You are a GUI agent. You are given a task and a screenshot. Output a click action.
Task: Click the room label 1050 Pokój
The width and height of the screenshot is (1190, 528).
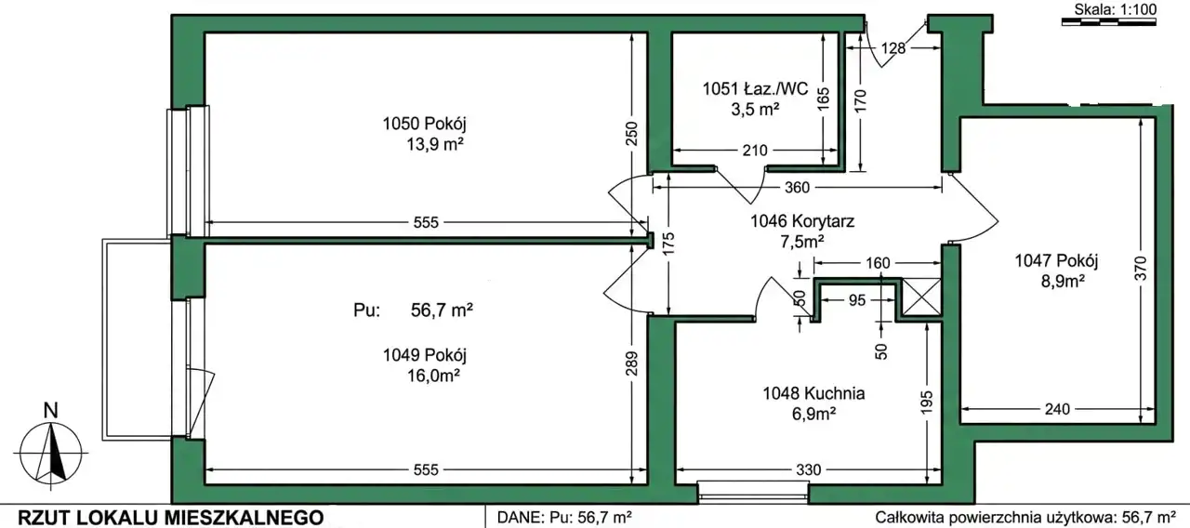click(x=425, y=125)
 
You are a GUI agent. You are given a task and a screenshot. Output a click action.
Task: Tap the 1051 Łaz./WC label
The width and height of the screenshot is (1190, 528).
click(x=755, y=88)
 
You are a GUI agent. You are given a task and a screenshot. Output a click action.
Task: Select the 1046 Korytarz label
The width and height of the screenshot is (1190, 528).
click(x=802, y=221)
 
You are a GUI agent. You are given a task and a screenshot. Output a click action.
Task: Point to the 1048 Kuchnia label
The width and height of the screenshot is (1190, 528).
click(x=813, y=393)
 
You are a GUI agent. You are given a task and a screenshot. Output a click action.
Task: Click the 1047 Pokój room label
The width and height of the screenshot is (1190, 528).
click(x=1056, y=261)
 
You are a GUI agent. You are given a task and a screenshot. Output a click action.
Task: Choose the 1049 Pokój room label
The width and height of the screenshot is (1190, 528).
click(x=425, y=355)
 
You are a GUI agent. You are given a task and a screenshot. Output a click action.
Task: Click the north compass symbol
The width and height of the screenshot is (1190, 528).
click(x=50, y=446)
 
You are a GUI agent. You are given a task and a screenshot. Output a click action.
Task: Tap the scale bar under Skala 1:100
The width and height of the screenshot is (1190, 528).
click(x=1109, y=21)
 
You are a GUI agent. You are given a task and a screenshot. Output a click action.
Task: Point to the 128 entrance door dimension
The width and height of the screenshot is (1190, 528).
click(x=893, y=48)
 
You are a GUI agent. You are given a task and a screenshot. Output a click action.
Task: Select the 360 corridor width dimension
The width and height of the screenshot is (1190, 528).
click(x=797, y=188)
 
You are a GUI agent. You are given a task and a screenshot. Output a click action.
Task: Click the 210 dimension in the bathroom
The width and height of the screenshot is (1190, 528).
click(x=754, y=151)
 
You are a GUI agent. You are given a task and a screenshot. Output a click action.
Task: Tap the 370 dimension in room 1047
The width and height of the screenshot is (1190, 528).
click(x=1140, y=269)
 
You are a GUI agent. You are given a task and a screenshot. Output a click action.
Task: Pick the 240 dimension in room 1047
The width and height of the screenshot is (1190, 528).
click(x=1057, y=410)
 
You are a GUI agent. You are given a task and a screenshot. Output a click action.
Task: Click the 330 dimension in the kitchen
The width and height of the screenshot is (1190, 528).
click(x=808, y=470)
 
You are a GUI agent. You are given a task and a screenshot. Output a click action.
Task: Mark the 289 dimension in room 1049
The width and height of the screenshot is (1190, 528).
click(x=631, y=363)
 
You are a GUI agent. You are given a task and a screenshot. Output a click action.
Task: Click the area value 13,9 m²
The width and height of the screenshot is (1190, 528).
click(x=435, y=144)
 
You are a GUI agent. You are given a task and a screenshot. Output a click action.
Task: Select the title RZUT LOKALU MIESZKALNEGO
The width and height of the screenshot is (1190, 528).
click(x=170, y=518)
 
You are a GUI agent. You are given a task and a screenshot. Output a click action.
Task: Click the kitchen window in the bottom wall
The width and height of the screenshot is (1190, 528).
click(x=753, y=492)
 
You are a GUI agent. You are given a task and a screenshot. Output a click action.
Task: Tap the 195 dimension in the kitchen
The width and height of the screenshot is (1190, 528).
click(x=926, y=403)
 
